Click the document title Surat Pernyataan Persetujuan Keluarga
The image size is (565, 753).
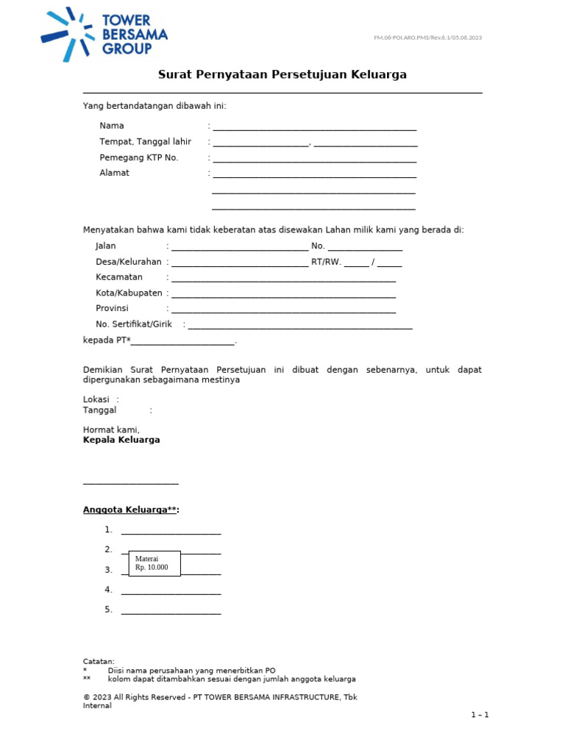[x=282, y=75]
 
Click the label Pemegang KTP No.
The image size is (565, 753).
[x=139, y=158]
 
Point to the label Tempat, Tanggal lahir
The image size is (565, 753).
[x=146, y=142]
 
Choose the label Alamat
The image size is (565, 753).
[x=115, y=174]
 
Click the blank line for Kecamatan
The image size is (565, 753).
[x=283, y=279]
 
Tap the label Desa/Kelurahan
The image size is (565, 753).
[x=129, y=262]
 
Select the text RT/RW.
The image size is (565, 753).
[x=327, y=262]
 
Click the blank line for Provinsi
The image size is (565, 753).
[x=283, y=310]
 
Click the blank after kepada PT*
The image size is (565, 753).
[x=183, y=342]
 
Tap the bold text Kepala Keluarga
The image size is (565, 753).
[x=121, y=440]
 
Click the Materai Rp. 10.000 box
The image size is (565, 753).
[x=154, y=563]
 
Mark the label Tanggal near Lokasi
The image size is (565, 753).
[x=100, y=410]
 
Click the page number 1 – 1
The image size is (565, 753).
[x=480, y=715]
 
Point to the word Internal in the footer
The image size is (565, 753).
[x=97, y=706]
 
